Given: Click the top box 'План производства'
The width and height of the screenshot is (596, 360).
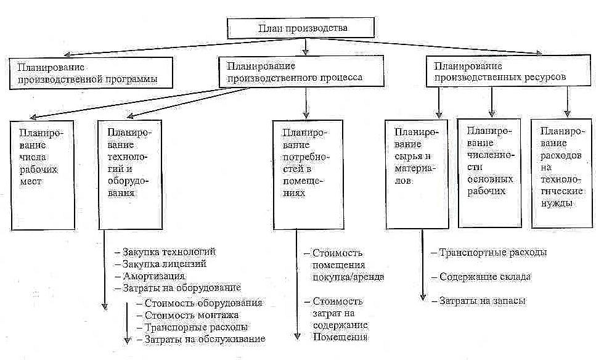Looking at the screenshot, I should point(301,28).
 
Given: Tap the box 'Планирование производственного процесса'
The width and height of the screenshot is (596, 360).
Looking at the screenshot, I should point(294,72).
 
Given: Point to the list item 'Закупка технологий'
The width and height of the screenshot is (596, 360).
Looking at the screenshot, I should point(169,253).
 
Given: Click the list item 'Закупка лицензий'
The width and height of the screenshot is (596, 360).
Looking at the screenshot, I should point(164,264).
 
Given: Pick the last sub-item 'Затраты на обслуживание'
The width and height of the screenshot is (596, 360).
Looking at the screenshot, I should point(204,338).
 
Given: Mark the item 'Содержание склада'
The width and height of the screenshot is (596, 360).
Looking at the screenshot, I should point(485,277).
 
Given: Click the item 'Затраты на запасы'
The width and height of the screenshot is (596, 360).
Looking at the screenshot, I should point(482,300).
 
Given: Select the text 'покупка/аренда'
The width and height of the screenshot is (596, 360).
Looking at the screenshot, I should point(348,277).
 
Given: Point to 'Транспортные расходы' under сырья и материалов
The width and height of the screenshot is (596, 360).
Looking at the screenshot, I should point(492,253).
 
